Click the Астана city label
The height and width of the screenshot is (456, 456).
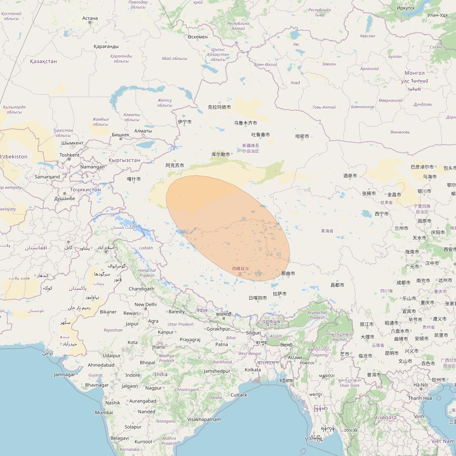[90, 18]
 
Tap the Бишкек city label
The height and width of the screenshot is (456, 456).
[121, 135]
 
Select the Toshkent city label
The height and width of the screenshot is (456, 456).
[69, 155]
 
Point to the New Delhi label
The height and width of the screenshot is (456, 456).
[145, 304]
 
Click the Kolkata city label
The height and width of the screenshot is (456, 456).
[252, 370]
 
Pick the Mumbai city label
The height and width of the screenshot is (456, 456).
[104, 413]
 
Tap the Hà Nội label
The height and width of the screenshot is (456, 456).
[421, 385]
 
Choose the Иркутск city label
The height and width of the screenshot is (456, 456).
[406, 8]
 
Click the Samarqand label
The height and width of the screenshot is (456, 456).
[47, 176]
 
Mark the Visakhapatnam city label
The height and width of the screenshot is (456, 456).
[204, 419]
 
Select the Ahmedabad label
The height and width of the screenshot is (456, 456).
[101, 365]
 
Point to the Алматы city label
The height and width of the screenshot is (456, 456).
[143, 131]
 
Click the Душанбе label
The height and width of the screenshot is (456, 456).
[65, 198]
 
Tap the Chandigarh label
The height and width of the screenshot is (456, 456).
[141, 289]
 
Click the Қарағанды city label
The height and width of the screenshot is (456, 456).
[106, 46]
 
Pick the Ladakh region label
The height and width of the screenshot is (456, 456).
[146, 248]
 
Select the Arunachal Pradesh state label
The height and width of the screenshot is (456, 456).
[317, 315]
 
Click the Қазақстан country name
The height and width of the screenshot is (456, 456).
[43, 61]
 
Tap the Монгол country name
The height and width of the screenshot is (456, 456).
[415, 73]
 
